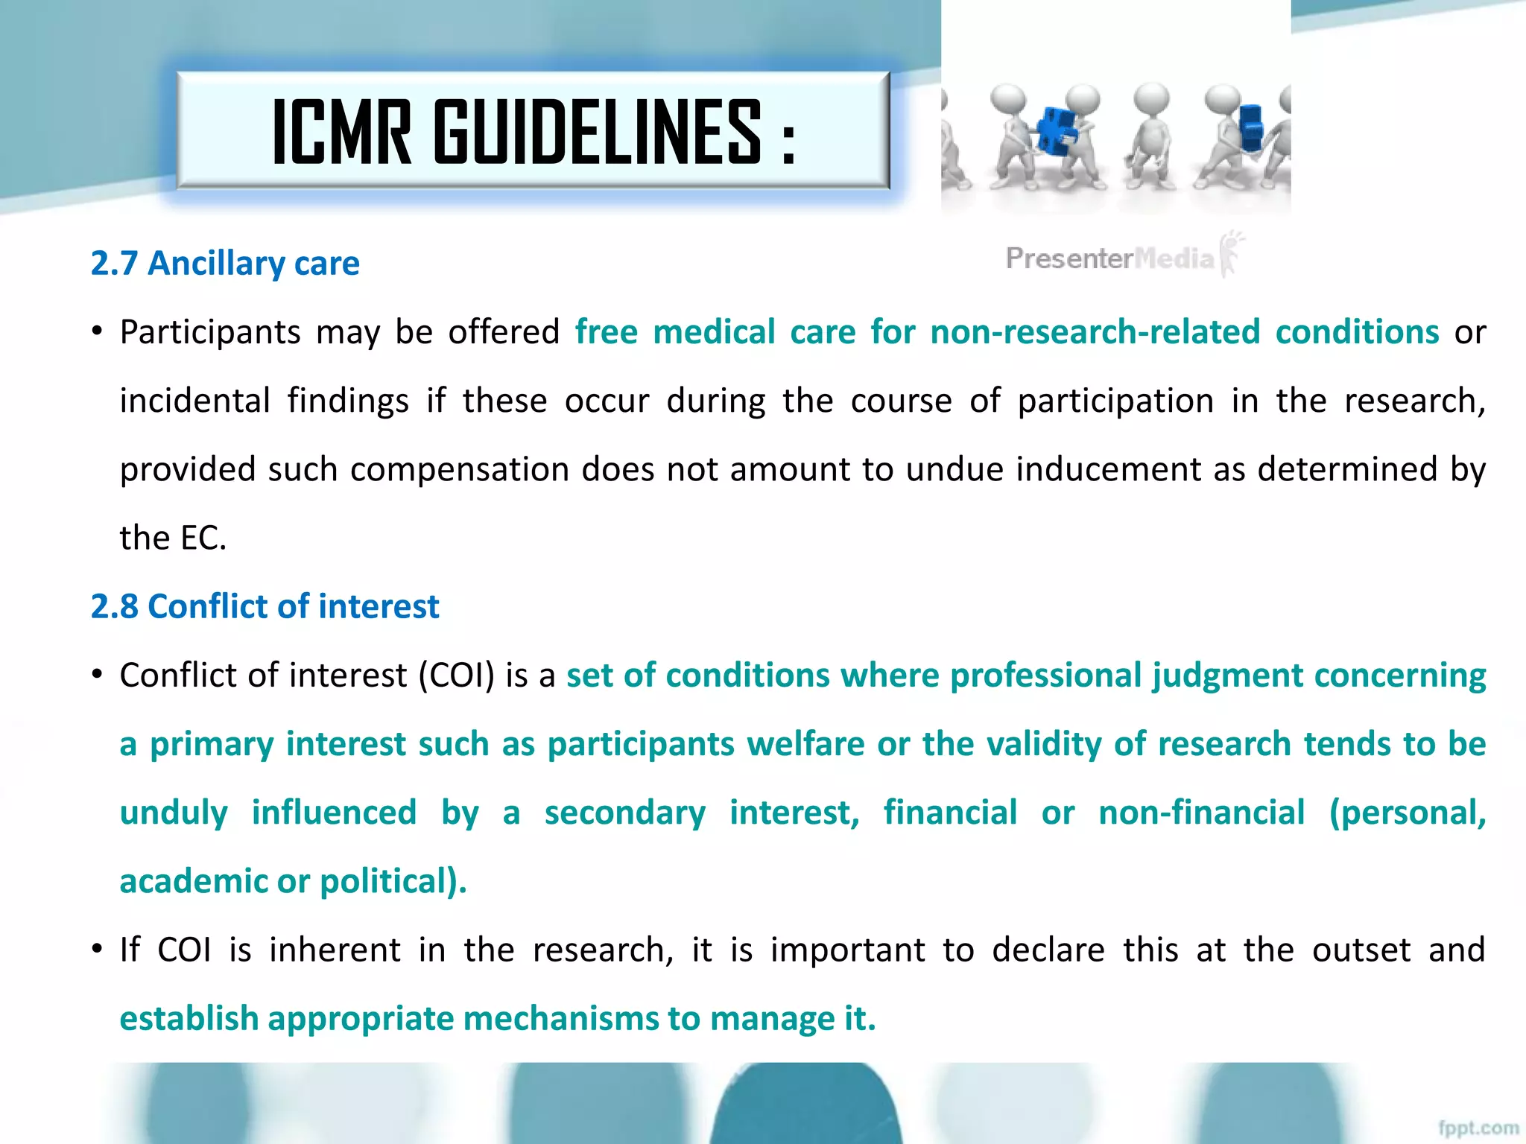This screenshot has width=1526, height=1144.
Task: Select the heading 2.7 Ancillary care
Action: pos(225,263)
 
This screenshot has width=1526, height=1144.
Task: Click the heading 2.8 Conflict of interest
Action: pos(265,606)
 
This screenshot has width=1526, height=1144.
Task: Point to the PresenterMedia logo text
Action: pos(1109,258)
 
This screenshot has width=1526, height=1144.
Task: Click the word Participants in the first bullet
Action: pos(209,332)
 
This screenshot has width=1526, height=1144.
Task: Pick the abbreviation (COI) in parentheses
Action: pos(456,676)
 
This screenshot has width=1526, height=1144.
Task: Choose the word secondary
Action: pos(624,813)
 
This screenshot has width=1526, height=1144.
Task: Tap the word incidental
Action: pos(194,401)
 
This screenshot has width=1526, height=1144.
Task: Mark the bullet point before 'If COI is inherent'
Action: pos(97,950)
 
